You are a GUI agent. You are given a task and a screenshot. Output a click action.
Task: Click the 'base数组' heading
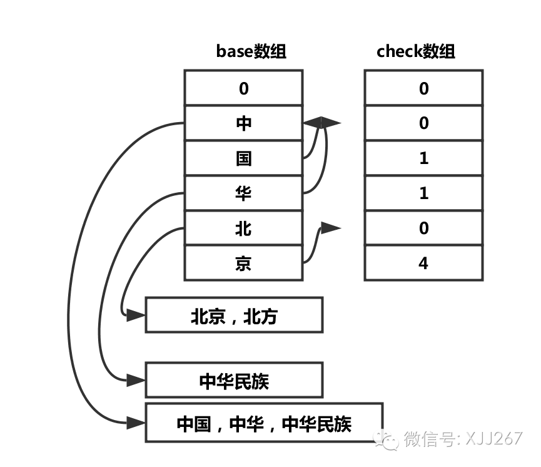point(251,51)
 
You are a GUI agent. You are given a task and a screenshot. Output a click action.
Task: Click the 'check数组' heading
point(416,51)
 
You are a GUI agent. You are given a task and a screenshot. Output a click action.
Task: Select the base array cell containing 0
point(243,88)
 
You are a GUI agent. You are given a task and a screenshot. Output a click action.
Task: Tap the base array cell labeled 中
point(243,123)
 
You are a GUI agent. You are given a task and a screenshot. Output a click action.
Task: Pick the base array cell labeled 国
point(243,158)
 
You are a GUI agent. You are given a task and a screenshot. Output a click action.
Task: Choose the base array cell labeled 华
point(243,193)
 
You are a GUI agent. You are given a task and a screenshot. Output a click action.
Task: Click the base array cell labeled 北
point(243,228)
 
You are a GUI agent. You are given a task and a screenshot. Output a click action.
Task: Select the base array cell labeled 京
point(243,264)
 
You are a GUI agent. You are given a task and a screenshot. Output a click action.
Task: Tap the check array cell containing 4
point(423,264)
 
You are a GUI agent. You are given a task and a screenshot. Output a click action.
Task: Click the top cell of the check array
point(423,88)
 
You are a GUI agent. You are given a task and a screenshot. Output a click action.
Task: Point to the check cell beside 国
point(423,158)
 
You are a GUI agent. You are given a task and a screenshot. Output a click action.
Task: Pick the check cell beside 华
point(423,193)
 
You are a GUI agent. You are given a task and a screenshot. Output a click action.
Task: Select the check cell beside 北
point(423,228)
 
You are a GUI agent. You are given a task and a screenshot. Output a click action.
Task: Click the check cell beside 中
point(423,123)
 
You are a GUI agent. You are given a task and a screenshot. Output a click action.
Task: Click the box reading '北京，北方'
point(234,315)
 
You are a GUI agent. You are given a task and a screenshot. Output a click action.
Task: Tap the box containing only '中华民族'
point(234,380)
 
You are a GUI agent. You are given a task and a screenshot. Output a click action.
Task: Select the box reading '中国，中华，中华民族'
point(263,424)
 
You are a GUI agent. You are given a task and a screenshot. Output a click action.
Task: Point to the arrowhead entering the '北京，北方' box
point(136,315)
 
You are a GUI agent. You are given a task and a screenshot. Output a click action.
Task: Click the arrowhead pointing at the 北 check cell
point(331,228)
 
